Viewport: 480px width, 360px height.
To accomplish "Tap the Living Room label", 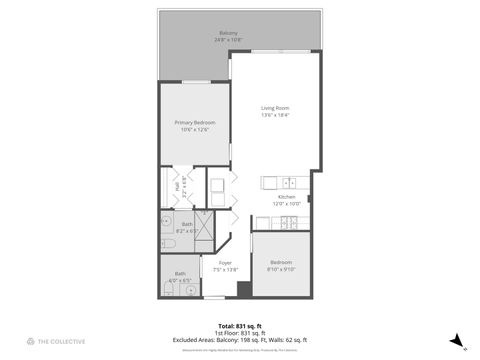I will [275, 108].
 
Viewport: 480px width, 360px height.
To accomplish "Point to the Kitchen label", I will [286, 197].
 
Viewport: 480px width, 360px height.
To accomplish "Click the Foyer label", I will [226, 262].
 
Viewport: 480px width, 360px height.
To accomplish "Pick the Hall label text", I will [177, 185].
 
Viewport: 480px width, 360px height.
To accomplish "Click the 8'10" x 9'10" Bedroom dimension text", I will [281, 269].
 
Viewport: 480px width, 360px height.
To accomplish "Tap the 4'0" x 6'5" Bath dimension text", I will [180, 280].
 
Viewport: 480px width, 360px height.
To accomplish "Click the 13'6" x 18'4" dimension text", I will [275, 115].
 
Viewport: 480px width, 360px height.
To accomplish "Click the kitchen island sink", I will [287, 183].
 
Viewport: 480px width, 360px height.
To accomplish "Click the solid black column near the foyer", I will [243, 290].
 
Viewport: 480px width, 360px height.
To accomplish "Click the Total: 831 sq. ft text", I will [240, 325].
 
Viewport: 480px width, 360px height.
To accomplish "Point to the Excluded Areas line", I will [240, 339].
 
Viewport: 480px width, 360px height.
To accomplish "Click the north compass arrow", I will [455, 340].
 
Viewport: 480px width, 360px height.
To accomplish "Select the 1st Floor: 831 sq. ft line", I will [240, 332].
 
